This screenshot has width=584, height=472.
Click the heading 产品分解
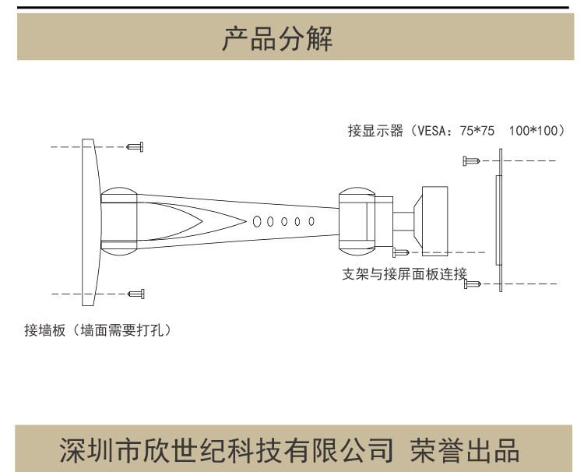click(x=277, y=38)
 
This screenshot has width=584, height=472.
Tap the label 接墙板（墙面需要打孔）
click(x=97, y=329)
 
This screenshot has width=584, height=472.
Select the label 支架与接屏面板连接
click(x=404, y=274)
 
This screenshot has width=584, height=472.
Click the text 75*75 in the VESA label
click(x=477, y=131)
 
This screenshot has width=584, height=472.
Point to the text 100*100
click(x=535, y=131)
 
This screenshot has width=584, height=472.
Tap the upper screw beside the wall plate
click(x=137, y=146)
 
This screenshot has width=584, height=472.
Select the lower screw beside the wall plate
click(x=137, y=293)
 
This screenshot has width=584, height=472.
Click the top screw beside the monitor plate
click(x=470, y=160)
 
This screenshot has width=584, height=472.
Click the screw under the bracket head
click(x=401, y=252)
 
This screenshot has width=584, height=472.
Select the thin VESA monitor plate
click(x=498, y=220)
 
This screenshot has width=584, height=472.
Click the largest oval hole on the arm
click(x=257, y=221)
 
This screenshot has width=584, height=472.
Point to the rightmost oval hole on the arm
click(x=311, y=221)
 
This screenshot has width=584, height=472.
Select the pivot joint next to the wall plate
click(x=119, y=221)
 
